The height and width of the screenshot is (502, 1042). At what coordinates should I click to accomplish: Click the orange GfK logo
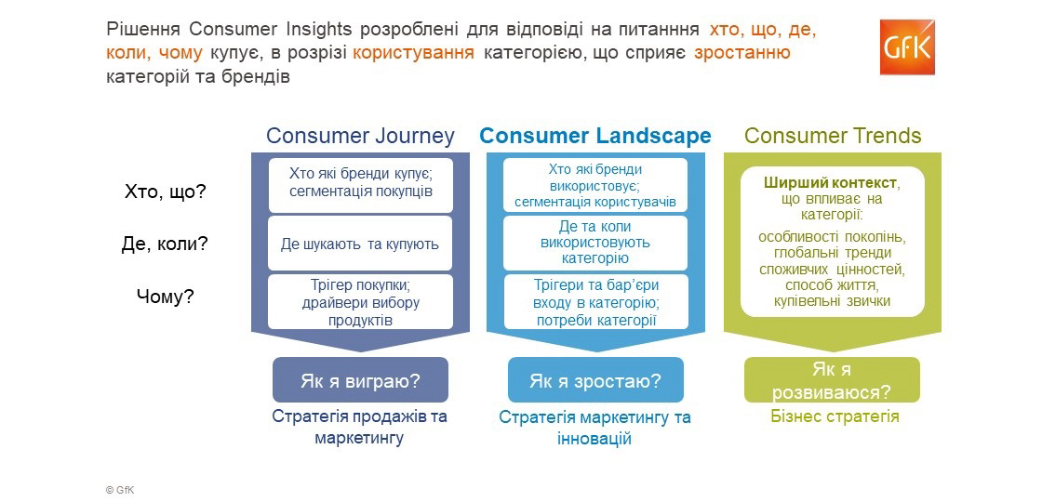point(907,46)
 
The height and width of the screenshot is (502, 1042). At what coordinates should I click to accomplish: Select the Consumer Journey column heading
point(360,136)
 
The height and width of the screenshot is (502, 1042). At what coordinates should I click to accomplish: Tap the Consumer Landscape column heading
point(595,136)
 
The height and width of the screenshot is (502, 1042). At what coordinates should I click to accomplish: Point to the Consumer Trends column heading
point(833,136)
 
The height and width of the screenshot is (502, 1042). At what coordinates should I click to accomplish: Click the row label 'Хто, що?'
point(166,192)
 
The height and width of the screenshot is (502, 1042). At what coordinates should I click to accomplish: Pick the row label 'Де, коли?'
point(165,244)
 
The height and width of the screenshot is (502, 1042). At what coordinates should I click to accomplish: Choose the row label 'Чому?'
point(165,297)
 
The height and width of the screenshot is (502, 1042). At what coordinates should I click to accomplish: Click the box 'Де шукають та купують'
point(360,243)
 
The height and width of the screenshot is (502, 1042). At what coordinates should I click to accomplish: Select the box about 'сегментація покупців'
point(360,185)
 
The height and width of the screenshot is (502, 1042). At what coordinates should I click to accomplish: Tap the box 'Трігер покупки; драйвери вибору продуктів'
point(360,301)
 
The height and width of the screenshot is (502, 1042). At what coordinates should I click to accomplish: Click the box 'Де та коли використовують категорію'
point(595,243)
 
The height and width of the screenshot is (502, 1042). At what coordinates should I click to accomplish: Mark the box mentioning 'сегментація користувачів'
point(595,185)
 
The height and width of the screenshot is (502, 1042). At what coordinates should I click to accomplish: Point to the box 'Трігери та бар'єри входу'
point(595,301)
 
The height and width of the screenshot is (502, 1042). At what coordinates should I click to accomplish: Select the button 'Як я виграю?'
point(360,380)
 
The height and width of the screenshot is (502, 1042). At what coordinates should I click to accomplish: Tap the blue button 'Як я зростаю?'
point(595,380)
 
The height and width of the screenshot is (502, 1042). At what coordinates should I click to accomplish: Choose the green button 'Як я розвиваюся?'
point(832,380)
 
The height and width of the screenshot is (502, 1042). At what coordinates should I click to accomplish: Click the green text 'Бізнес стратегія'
point(835,417)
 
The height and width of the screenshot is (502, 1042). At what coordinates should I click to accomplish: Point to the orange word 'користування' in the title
point(413,53)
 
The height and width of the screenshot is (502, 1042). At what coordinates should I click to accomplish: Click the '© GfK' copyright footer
point(120,490)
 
